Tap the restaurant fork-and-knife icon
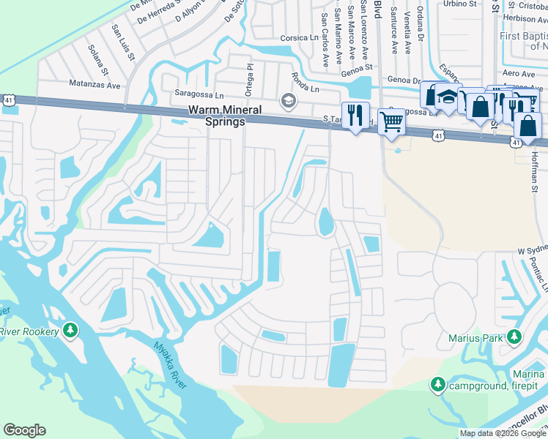click(x=355, y=116)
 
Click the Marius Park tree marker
click(x=514, y=337)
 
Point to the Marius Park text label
click(x=476, y=338)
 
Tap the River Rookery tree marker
click(x=70, y=331)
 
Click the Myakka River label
click(x=170, y=366)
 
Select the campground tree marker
click(x=438, y=385)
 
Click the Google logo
click(x=24, y=430)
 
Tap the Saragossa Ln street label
click(x=198, y=94)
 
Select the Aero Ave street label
click(x=518, y=74)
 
